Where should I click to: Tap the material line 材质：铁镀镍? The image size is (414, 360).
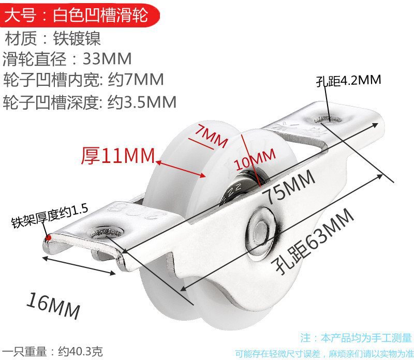click(x=52, y=38)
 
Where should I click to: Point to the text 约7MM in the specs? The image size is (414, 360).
click(x=136, y=79)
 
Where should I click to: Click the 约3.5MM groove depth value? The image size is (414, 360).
click(x=142, y=101)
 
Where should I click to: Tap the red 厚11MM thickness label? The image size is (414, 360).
click(x=118, y=155)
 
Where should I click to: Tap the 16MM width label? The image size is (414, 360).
click(x=54, y=305)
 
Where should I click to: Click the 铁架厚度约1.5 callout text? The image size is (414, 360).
click(x=50, y=216)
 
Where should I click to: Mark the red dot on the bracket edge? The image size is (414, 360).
click(x=49, y=237)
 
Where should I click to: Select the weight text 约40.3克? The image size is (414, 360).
click(x=80, y=351)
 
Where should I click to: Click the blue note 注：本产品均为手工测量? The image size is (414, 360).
click(x=356, y=338)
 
